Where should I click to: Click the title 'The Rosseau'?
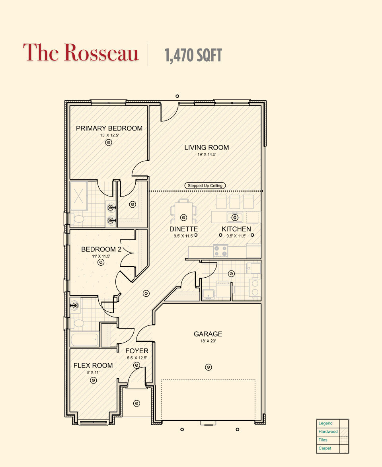pyautogui.click(x=81, y=53)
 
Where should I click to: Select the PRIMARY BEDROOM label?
pyautogui.click(x=109, y=128)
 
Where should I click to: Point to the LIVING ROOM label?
pyautogui.click(x=207, y=148)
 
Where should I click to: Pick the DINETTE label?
pyautogui.click(x=183, y=229)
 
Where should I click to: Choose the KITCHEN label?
pyautogui.click(x=236, y=229)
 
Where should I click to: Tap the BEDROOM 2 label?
pyautogui.click(x=101, y=249)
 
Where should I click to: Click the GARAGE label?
pyautogui.click(x=208, y=334)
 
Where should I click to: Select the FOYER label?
pyautogui.click(x=137, y=351)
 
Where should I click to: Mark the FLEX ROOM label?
pyautogui.click(x=93, y=365)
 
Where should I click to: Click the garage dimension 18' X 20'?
pyautogui.click(x=208, y=341)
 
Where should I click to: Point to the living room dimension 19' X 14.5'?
pyautogui.click(x=207, y=154)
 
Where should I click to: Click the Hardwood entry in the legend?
pyautogui.click(x=328, y=432)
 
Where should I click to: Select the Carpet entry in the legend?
pyautogui.click(x=325, y=448)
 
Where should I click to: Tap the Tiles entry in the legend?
pyautogui.click(x=323, y=440)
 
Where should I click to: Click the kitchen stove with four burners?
pyautogui.click(x=221, y=251)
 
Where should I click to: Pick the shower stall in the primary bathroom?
pyautogui.click(x=79, y=196)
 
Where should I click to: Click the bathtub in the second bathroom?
pyautogui.click(x=84, y=340)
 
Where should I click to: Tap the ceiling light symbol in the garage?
pyautogui.click(x=208, y=367)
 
